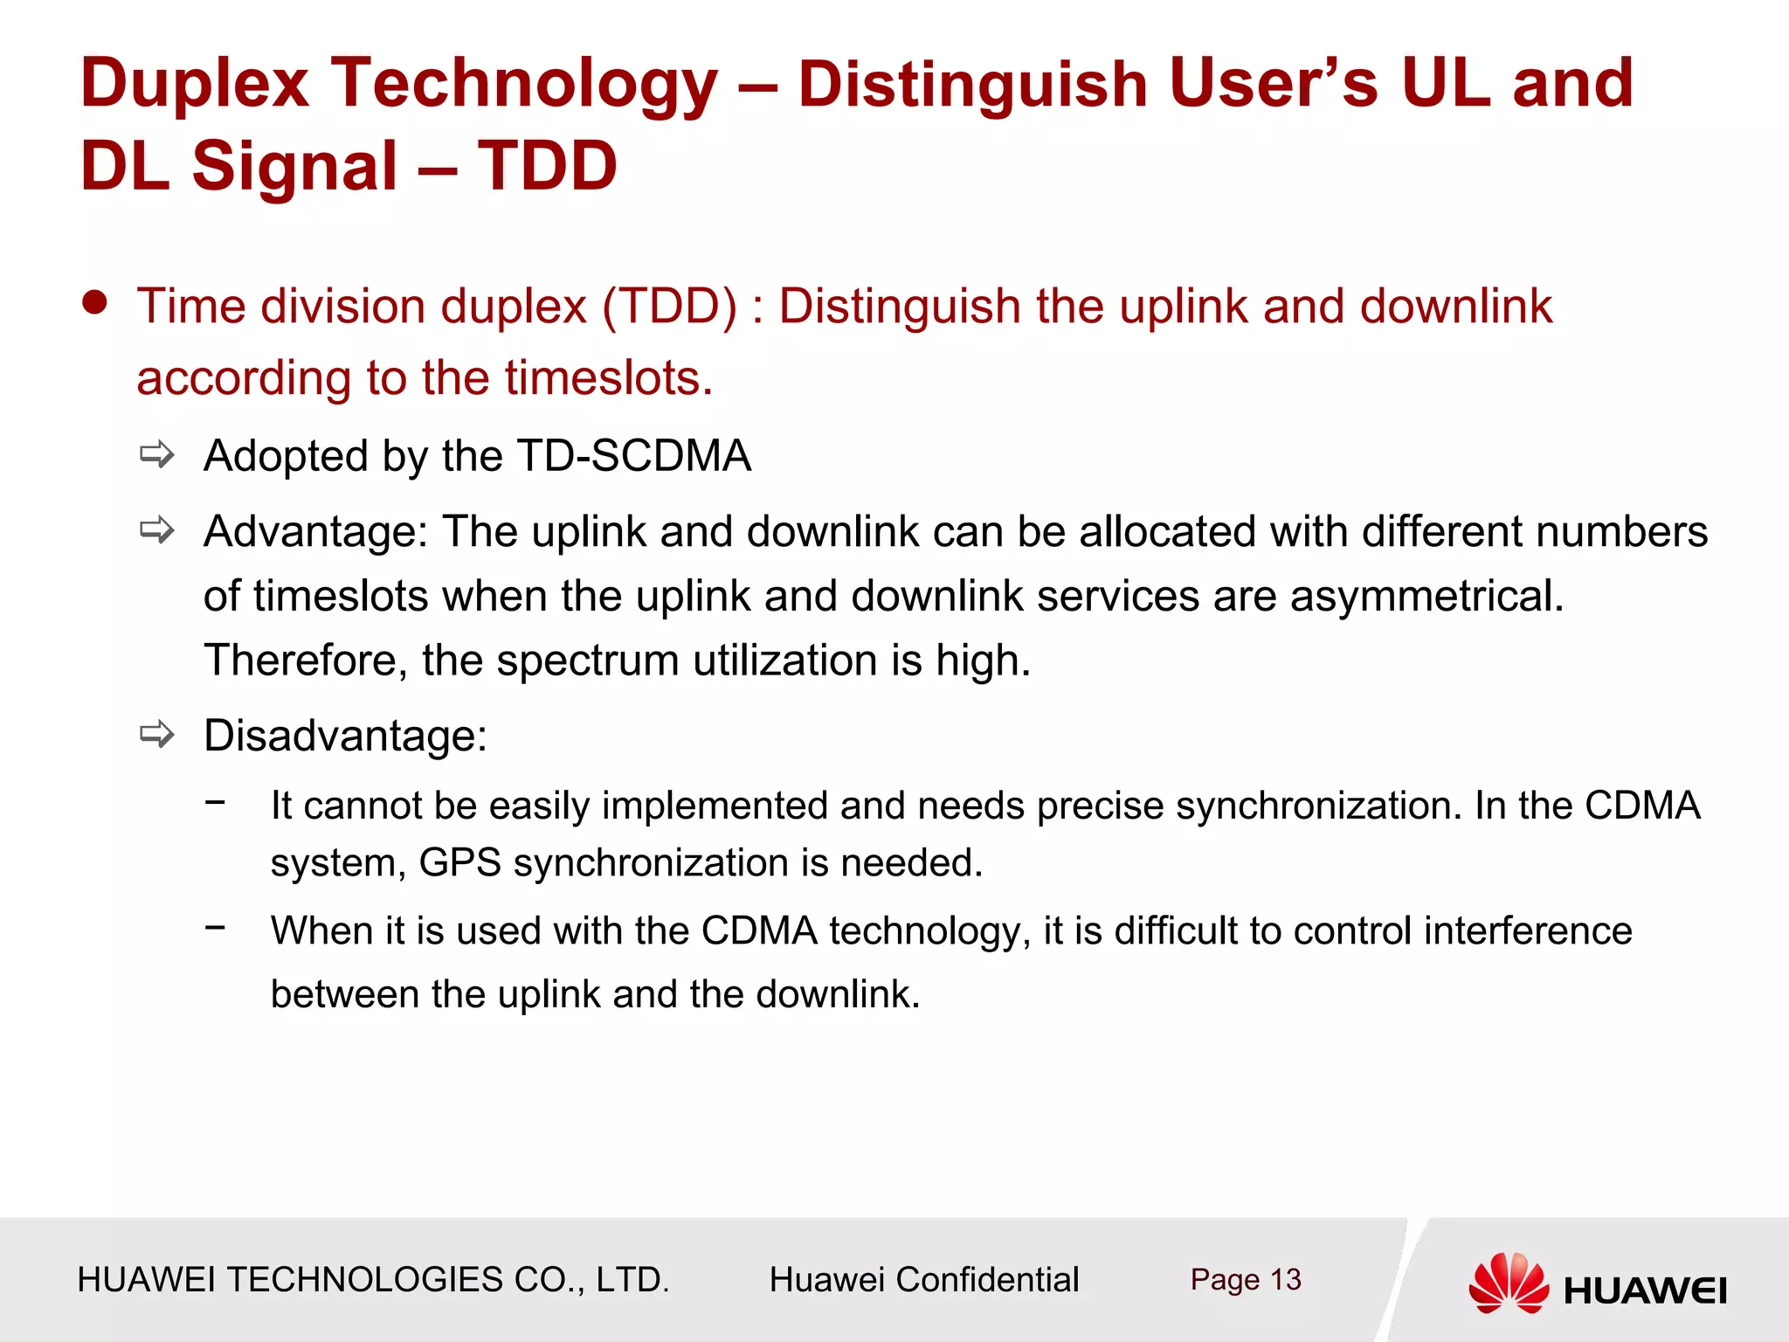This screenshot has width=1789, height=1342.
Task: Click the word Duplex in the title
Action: pos(195,85)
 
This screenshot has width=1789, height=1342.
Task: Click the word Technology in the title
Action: pos(524,85)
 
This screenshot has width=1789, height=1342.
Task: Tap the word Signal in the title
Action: pos(294,166)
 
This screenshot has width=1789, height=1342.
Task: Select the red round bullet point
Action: pos(94,303)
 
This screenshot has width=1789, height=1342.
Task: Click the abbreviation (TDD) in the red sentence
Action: pos(669,307)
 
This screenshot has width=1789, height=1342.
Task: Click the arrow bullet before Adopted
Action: pos(157,454)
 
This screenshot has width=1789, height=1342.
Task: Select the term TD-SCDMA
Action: pos(633,456)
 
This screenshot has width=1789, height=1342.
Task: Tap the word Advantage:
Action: pos(315,531)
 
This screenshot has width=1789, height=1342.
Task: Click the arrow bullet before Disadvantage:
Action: pos(157,734)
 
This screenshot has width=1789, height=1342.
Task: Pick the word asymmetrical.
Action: pos(1426,596)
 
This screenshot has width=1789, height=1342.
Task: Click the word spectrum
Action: pos(587,660)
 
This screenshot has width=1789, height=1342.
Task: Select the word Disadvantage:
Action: pos(345,736)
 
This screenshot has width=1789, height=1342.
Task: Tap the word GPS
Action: pos(459,863)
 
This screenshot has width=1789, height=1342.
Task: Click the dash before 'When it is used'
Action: pos(215,927)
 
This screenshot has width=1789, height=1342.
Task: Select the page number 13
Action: pos(1285,1280)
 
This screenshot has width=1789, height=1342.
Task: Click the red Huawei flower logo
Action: pos(1509,1283)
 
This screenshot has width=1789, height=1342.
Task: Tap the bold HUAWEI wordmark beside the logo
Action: pos(1645,1290)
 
